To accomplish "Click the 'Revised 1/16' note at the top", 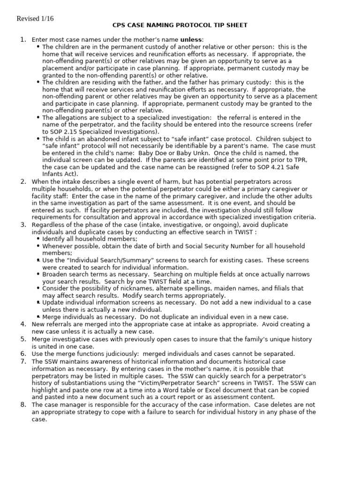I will [x=35, y=19].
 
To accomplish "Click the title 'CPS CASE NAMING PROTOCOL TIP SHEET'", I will [x=180, y=25].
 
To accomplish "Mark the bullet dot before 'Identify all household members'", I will [x=38, y=239].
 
